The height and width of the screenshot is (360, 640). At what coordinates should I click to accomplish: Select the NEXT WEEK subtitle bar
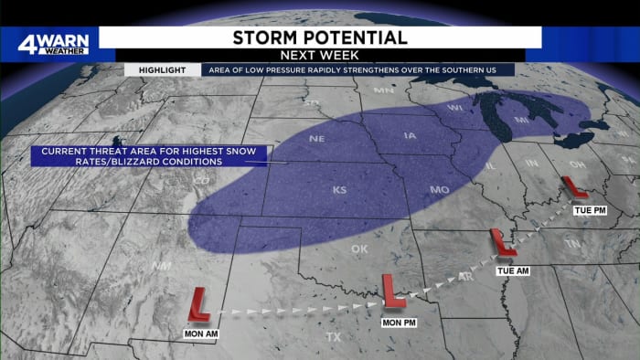pyautogui.click(x=319, y=55)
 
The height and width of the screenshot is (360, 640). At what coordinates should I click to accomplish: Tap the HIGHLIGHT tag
pyautogui.click(x=162, y=69)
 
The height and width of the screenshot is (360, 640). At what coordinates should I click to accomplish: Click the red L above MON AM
pyautogui.click(x=198, y=304)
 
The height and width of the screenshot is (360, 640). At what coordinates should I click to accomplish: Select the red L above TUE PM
pyautogui.click(x=574, y=188)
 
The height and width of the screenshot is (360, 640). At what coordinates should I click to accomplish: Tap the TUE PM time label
pyautogui.click(x=587, y=210)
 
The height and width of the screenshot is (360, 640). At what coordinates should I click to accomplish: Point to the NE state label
pyautogui.click(x=317, y=140)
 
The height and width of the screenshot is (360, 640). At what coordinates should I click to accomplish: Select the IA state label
pyautogui.click(x=410, y=137)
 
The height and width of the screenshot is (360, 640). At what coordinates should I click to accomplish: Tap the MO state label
pyautogui.click(x=439, y=190)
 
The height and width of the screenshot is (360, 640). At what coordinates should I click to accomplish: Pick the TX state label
pyautogui.click(x=333, y=337)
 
